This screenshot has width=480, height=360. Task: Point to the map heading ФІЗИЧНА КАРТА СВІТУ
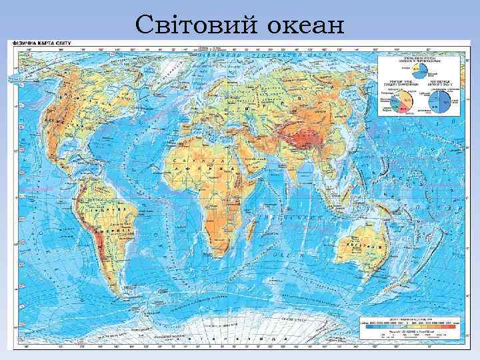tap(31, 43)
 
